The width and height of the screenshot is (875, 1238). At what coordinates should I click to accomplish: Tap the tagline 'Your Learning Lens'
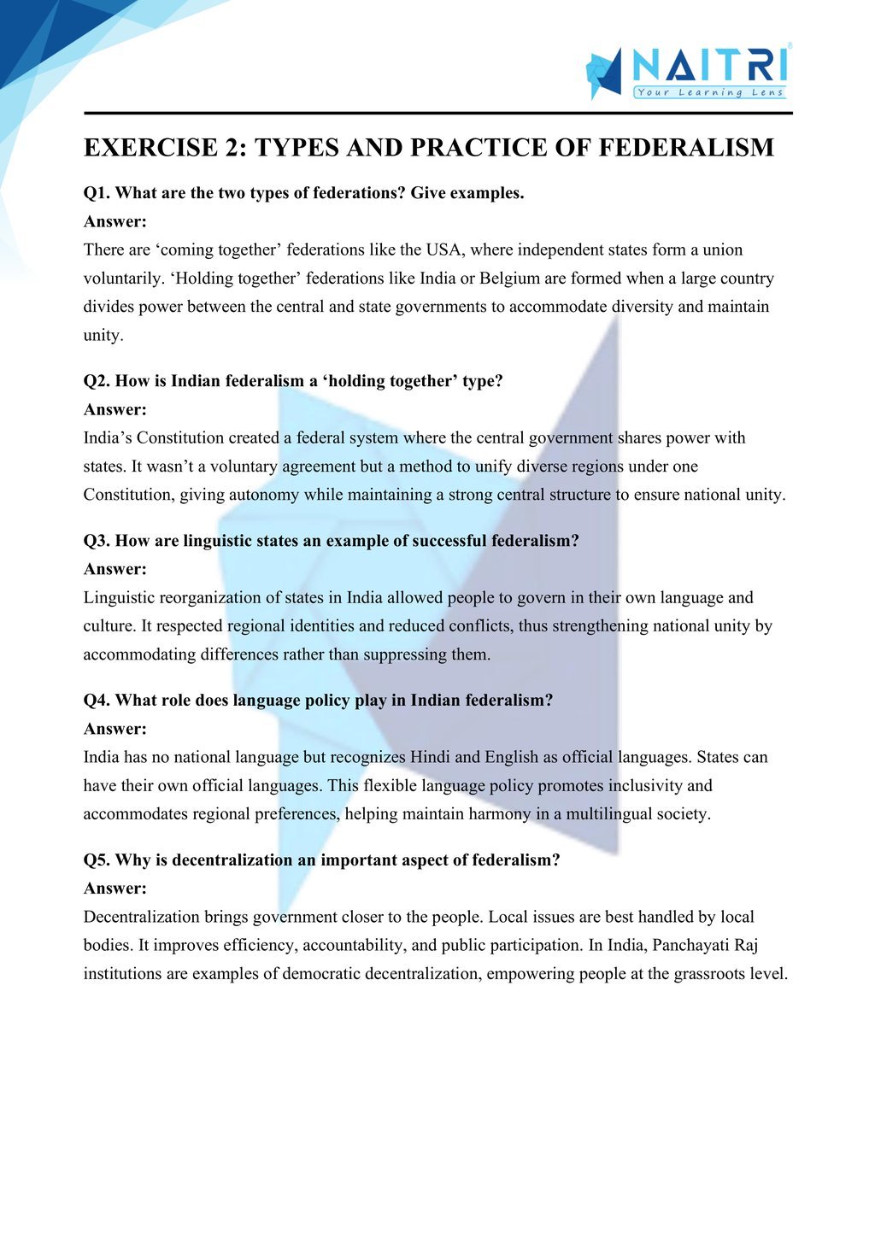coord(709,92)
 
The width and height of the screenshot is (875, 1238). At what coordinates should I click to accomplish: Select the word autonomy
coord(264,495)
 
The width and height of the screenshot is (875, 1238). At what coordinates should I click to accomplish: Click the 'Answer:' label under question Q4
coord(115,729)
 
